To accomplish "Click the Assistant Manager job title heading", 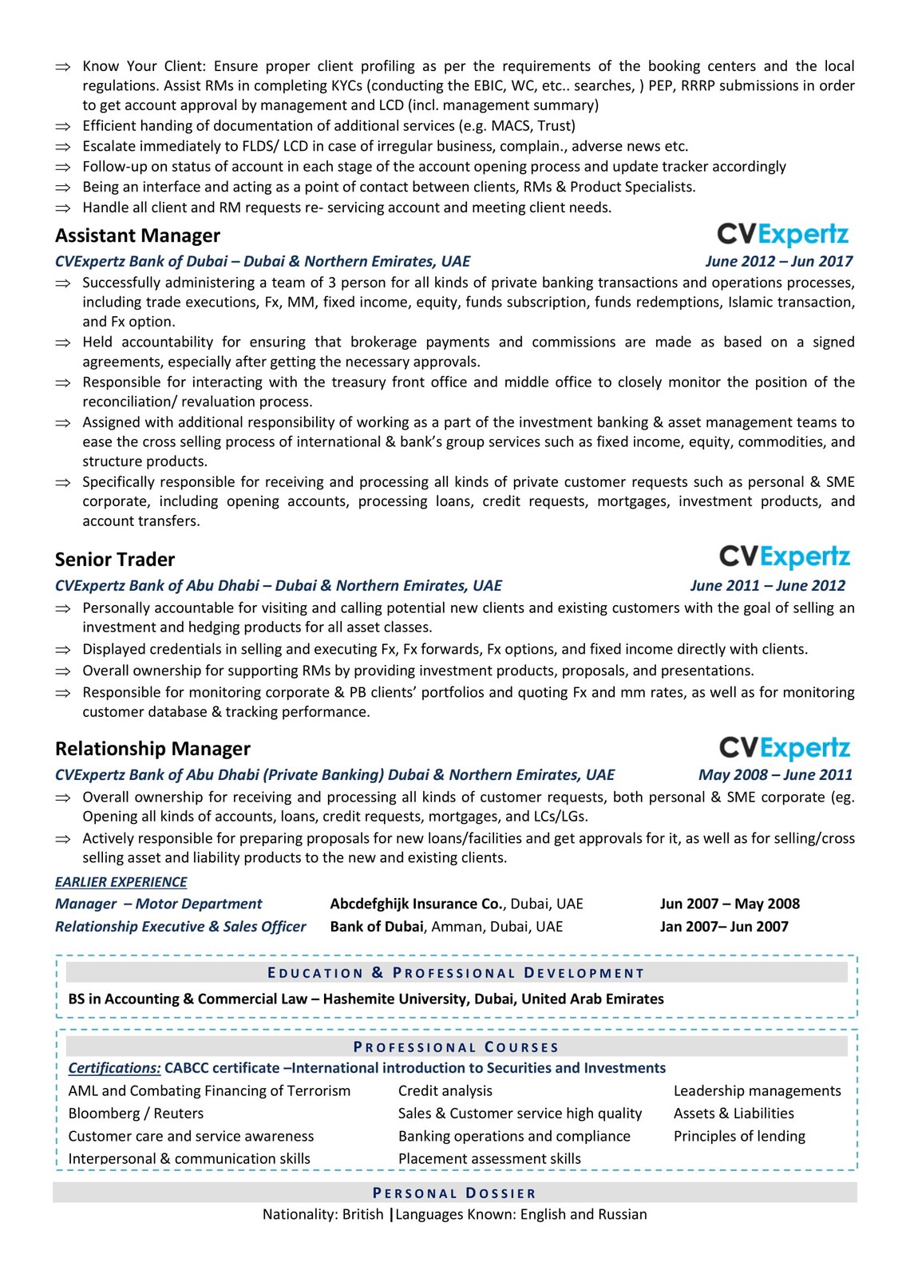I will click(137, 235).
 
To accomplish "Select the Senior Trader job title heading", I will click(115, 560).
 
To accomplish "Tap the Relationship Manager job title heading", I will click(152, 749).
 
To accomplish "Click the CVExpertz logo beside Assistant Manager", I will click(782, 235).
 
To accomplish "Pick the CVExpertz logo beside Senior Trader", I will click(785, 556).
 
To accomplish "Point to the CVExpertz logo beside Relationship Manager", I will click(785, 748).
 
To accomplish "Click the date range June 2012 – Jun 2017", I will click(778, 261).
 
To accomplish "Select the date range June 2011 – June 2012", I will click(767, 585).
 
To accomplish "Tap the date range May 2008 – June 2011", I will click(774, 774).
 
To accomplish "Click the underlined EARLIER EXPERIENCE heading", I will click(121, 882).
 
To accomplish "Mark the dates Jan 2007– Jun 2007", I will click(723, 927).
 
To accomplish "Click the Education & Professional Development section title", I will click(456, 973).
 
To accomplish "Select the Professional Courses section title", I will click(456, 1047).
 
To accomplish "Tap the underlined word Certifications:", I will click(114, 1068).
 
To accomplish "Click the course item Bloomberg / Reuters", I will click(136, 1114).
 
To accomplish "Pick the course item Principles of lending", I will click(739, 1136).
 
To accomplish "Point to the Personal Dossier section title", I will click(454, 1193).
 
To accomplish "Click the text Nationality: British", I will click(322, 1214).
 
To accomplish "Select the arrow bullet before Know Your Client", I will click(62, 67).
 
